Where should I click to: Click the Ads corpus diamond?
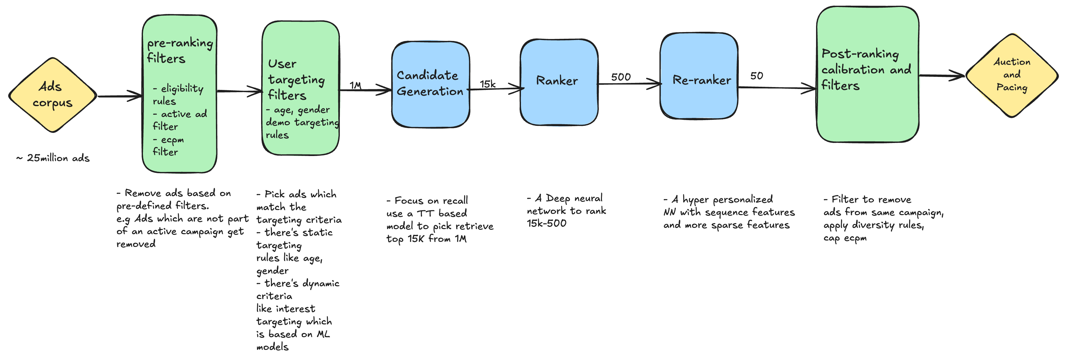tap(53, 95)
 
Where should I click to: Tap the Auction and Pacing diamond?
tap(1011, 75)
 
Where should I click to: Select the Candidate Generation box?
tap(430, 84)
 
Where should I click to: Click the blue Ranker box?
tap(558, 82)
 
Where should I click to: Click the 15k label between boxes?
tap(488, 84)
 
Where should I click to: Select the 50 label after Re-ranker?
tap(756, 76)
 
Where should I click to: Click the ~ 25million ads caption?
tap(53, 158)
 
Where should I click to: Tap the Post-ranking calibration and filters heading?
tap(865, 70)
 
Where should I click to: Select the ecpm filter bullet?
tap(168, 146)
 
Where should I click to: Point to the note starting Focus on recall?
tap(439, 220)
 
